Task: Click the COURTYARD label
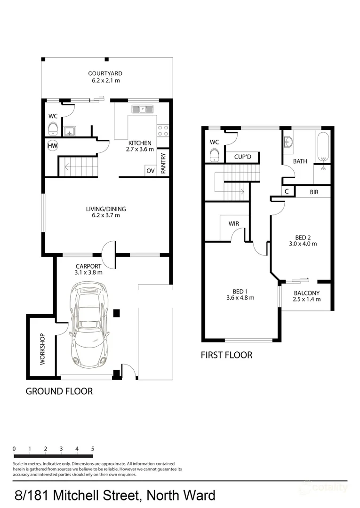tap(105, 73)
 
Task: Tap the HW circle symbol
tap(52, 146)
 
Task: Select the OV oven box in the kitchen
tap(151, 171)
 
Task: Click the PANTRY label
tap(163, 164)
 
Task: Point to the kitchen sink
tap(144, 110)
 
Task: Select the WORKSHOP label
tap(42, 349)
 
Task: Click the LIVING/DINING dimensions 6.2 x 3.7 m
tap(105, 216)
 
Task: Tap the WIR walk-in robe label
tap(234, 223)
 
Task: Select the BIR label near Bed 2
tap(314, 192)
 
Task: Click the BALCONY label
tap(306, 293)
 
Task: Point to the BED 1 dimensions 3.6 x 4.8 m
tap(240, 298)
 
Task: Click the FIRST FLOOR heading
tap(226, 355)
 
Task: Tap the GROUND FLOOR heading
tap(59, 391)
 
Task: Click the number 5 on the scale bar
tap(93, 448)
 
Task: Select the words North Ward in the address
tap(181, 495)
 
